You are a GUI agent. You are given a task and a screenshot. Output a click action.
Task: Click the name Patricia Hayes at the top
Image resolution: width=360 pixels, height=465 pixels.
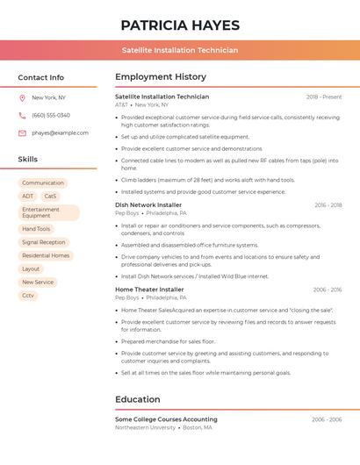click(179, 25)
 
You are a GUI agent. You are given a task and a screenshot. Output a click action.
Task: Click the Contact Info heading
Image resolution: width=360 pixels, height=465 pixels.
click(40, 77)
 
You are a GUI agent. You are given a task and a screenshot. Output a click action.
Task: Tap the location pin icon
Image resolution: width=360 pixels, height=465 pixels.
click(22, 97)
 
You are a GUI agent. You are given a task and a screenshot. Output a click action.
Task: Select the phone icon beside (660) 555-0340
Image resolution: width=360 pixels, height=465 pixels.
click(22, 115)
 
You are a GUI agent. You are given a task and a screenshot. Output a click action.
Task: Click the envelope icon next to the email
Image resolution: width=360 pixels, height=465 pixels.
click(22, 133)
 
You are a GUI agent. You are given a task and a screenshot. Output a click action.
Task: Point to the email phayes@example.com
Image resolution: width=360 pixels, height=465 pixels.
click(60, 133)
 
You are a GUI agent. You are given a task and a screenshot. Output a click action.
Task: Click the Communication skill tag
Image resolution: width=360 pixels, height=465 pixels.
click(43, 182)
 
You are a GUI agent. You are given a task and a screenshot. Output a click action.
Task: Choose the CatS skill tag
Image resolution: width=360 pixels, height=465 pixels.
click(50, 197)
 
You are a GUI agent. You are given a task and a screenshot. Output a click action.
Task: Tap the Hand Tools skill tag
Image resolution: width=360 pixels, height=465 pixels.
click(36, 229)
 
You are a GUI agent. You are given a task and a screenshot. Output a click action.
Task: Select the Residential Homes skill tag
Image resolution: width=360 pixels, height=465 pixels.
click(46, 255)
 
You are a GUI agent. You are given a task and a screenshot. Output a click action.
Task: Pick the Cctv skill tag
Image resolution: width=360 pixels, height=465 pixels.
click(28, 296)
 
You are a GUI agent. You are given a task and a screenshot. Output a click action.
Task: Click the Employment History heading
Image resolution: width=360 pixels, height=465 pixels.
click(161, 77)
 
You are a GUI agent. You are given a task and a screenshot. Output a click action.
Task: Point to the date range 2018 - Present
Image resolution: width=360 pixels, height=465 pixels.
click(324, 97)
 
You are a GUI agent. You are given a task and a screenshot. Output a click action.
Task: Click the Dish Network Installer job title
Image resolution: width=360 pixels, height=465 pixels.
click(148, 204)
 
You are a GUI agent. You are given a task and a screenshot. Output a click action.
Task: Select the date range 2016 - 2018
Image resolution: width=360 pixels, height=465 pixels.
click(328, 205)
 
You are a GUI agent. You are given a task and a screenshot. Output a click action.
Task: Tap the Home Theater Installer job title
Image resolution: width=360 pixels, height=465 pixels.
click(149, 290)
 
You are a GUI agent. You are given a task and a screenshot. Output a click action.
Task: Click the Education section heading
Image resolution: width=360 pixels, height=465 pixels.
click(137, 400)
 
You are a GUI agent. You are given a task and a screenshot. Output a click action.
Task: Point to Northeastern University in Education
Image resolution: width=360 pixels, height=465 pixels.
click(145, 427)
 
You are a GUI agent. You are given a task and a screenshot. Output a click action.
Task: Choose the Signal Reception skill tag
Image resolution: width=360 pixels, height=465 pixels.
click(43, 242)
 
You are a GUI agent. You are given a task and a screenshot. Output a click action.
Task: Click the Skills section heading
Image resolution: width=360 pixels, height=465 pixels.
click(28, 160)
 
